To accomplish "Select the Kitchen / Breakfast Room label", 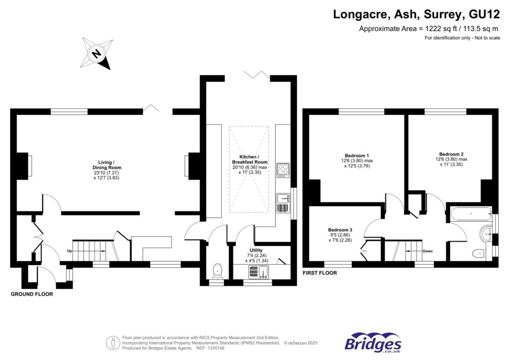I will [250, 162].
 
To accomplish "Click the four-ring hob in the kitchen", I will [283, 170].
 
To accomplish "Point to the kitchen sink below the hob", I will [283, 199].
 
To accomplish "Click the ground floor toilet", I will [217, 271].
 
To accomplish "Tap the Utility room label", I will [256, 250].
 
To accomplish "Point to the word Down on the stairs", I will [427, 251].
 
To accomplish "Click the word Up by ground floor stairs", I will [70, 251].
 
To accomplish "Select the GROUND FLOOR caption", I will [32, 294].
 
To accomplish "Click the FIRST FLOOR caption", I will [320, 273].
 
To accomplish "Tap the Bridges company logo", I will [373, 343].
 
